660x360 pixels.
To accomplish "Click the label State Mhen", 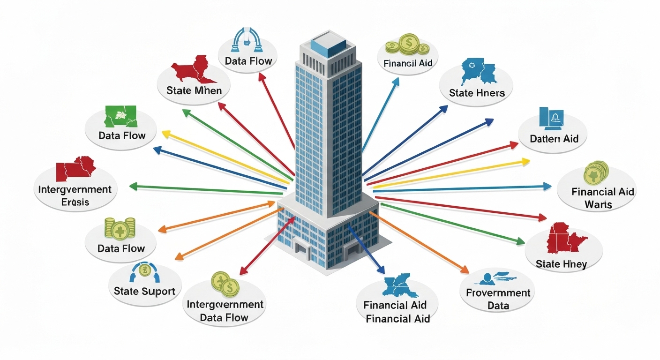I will point(194,90).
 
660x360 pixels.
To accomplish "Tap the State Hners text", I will point(477,93).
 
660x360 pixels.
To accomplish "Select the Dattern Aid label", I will point(554,139).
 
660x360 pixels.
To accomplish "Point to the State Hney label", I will point(561,264).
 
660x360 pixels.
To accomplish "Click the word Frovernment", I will point(498,293).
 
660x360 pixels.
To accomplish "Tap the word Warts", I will point(598,204).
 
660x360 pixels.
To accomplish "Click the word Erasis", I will point(75,202).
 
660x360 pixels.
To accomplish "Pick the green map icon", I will point(120,117).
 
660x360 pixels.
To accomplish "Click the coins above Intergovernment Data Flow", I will point(225,283).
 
